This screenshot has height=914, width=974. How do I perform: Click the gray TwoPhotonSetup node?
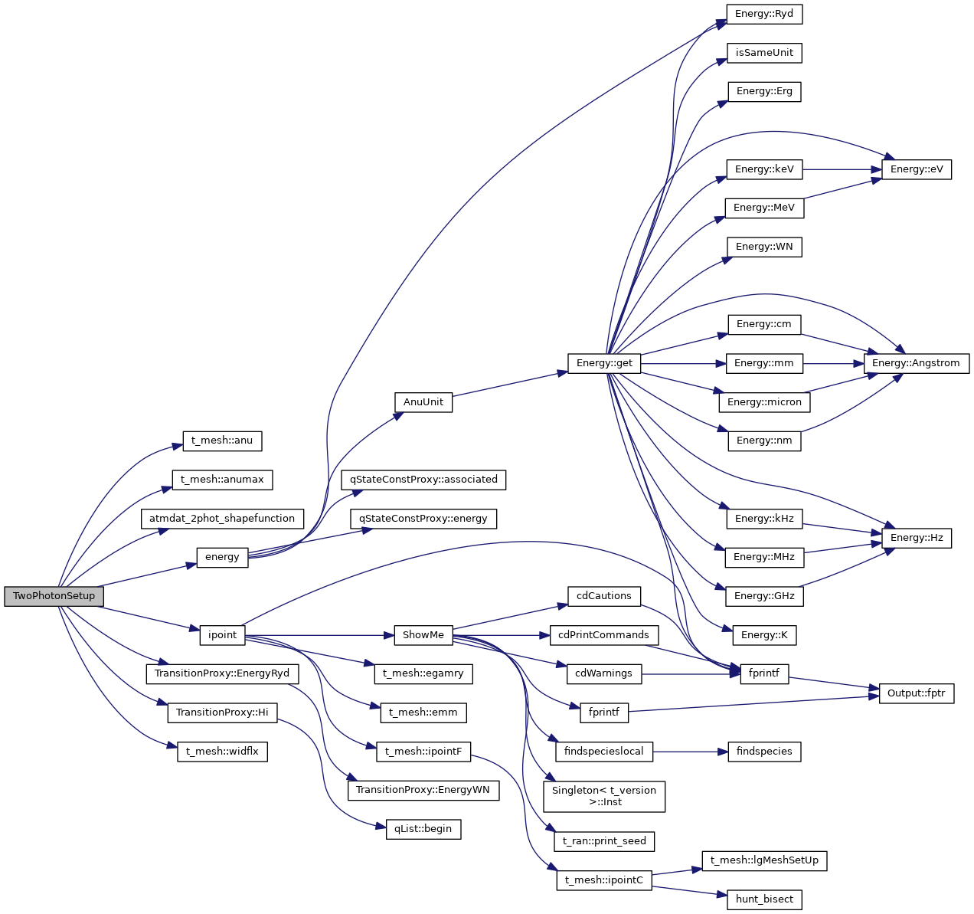pyautogui.click(x=54, y=596)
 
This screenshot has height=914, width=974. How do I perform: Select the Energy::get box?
pyautogui.click(x=604, y=363)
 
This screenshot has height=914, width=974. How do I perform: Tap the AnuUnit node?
pyautogui.click(x=423, y=402)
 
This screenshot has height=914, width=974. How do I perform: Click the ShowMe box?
pyautogui.click(x=423, y=635)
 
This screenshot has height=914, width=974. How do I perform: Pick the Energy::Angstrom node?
pyautogui.click(x=916, y=363)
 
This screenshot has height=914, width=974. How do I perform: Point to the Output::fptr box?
pyautogui.click(x=916, y=693)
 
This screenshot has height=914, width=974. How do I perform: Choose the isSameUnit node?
pyautogui.click(x=764, y=53)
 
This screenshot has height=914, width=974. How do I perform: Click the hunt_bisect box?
pyautogui.click(x=764, y=899)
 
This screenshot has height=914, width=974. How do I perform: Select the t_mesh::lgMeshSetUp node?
pyautogui.click(x=764, y=860)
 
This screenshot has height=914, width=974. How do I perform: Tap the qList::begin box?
pyautogui.click(x=423, y=829)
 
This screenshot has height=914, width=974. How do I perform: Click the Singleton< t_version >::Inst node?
pyautogui.click(x=604, y=796)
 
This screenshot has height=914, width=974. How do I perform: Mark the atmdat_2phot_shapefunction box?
pyautogui.click(x=222, y=519)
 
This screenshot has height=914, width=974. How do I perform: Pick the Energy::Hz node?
pyautogui.click(x=916, y=538)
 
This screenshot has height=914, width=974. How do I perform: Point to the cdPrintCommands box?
pyautogui.click(x=604, y=635)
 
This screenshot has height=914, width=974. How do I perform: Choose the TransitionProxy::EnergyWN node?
pyautogui.click(x=423, y=790)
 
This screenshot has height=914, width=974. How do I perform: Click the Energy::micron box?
pyautogui.click(x=764, y=402)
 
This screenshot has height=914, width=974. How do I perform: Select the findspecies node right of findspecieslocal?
pyautogui.click(x=764, y=752)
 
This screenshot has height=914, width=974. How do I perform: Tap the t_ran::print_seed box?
pyautogui.click(x=604, y=841)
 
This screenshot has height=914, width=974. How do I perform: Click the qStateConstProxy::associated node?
pyautogui.click(x=423, y=480)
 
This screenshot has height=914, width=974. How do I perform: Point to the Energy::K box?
pyautogui.click(x=764, y=635)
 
